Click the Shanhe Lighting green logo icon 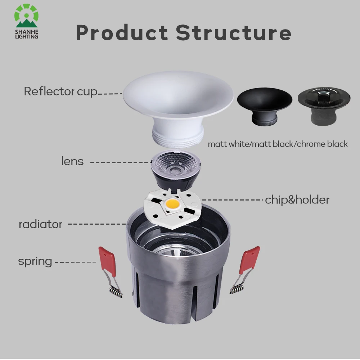[26, 15]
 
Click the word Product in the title [122, 32]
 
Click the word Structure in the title [234, 32]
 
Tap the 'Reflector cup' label [60, 91]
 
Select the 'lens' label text [72, 161]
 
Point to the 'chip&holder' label [297, 200]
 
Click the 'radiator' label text [40, 224]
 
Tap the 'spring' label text [35, 262]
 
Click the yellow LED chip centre [172, 203]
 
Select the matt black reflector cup [265, 105]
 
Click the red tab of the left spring [107, 261]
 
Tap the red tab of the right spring [249, 260]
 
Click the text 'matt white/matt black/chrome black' [278, 144]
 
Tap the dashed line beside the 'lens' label [121, 162]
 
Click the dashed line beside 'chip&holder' [232, 200]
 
